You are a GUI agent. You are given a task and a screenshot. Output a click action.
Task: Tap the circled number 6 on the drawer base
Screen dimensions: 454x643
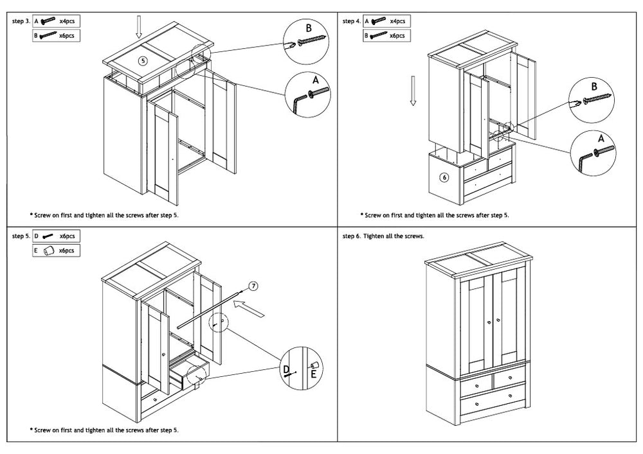pyautogui.click(x=444, y=177)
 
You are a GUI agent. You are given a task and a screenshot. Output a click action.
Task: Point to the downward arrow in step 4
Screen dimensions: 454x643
pyautogui.click(x=413, y=90)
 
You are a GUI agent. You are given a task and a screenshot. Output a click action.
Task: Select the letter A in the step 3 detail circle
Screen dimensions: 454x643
pyautogui.click(x=315, y=80)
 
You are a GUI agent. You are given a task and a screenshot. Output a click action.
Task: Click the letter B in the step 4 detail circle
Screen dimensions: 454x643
pyautogui.click(x=594, y=86)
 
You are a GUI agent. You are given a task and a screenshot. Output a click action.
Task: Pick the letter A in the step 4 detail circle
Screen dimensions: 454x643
pyautogui.click(x=601, y=138)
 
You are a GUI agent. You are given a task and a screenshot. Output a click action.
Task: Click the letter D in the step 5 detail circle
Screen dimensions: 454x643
pyautogui.click(x=287, y=368)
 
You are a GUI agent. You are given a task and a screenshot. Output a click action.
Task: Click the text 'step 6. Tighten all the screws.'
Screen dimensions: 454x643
pyautogui.click(x=384, y=236)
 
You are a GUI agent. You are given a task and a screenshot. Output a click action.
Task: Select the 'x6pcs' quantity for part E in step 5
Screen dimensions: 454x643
pyautogui.click(x=67, y=250)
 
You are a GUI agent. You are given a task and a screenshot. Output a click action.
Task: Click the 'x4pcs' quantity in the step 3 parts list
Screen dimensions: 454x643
pyautogui.click(x=67, y=21)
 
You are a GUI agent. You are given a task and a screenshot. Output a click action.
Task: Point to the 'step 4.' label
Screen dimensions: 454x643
pyautogui.click(x=352, y=21)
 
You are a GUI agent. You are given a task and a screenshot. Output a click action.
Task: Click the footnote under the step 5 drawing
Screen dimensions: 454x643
pyautogui.click(x=104, y=430)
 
